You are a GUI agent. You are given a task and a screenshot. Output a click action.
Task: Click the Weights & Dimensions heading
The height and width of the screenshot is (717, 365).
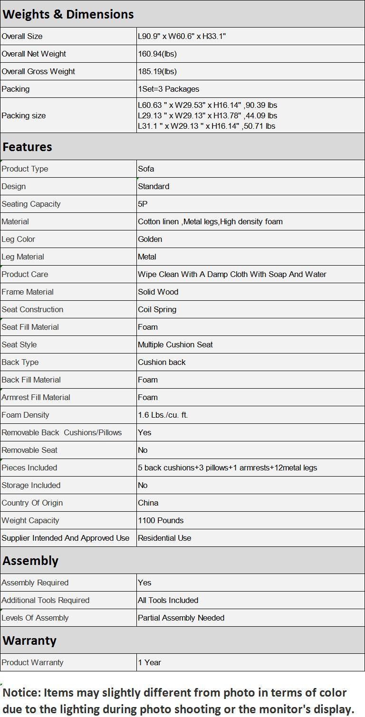click(x=68, y=14)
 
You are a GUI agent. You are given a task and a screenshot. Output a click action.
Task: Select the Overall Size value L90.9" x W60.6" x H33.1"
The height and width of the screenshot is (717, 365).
click(x=182, y=36)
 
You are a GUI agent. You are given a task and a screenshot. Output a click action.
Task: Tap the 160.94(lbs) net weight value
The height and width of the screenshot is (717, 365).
click(x=157, y=54)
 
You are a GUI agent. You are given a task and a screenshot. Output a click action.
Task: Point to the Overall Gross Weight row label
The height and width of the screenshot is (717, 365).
click(x=38, y=71)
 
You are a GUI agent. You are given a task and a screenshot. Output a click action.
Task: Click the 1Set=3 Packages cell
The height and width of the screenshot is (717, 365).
click(x=169, y=89)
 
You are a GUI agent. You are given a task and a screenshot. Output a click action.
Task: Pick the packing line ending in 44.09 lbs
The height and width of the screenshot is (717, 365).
click(x=207, y=115)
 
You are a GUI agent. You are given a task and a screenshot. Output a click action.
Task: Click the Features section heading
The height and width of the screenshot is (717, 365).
click(x=27, y=147)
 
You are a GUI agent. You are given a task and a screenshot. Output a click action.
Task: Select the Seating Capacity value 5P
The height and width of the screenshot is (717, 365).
click(x=143, y=204)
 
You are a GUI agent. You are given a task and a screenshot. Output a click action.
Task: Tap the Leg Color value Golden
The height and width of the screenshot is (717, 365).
click(x=150, y=239)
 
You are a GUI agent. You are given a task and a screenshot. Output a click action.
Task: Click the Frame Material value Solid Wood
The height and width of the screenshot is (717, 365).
click(x=158, y=292)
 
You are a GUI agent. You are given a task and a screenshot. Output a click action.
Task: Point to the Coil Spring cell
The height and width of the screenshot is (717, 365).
click(x=157, y=309)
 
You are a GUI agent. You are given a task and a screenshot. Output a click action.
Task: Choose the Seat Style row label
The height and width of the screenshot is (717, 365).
click(x=19, y=344)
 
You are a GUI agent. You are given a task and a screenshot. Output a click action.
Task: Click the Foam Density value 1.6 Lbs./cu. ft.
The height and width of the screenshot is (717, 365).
click(x=163, y=415)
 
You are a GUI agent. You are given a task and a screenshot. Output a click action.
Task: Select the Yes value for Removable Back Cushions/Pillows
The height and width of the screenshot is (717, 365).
click(x=144, y=432)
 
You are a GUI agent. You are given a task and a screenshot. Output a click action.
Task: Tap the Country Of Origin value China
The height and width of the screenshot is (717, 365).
click(x=148, y=503)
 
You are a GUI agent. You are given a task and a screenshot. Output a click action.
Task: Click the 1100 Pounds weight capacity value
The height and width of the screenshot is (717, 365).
click(x=161, y=520)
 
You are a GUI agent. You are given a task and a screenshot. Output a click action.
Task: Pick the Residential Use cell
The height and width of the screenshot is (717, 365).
click(x=164, y=538)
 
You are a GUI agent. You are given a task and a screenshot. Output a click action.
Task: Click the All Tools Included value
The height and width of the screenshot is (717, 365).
click(x=168, y=600)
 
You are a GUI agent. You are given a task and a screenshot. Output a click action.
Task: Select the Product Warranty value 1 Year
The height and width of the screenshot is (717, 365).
click(x=150, y=662)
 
